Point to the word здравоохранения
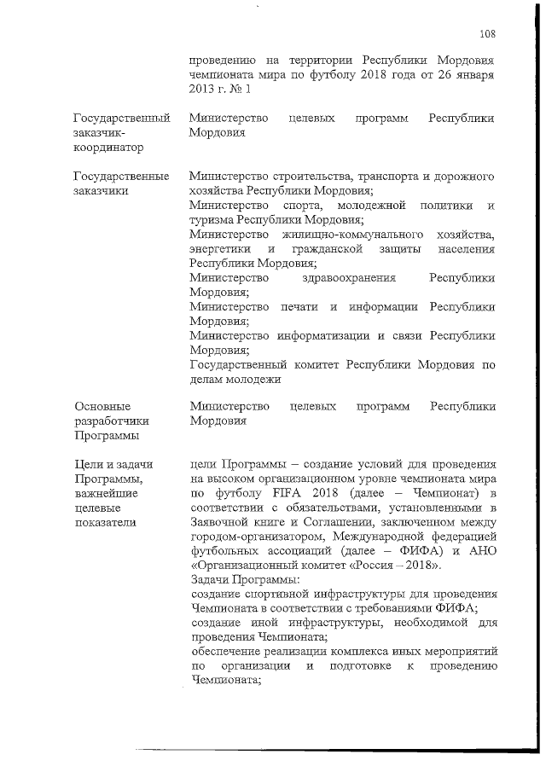pyautogui.click(x=351, y=278)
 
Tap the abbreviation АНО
pyautogui.click(x=479, y=551)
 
